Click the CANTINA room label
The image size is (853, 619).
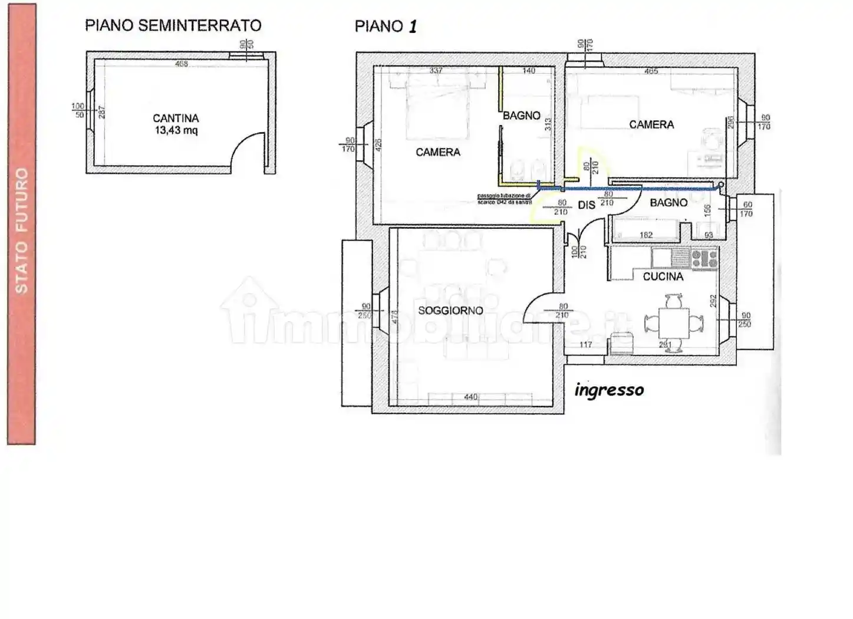[x=176, y=118]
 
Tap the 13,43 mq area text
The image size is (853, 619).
[x=176, y=130]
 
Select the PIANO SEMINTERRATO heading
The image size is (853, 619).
[x=173, y=25]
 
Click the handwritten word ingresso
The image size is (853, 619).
[x=609, y=390]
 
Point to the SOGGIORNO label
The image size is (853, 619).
[x=450, y=310]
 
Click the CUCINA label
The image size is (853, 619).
[x=663, y=276]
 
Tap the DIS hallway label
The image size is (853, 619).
[x=586, y=205]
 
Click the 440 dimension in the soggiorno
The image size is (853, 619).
[x=470, y=397]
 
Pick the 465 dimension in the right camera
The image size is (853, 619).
[x=651, y=71]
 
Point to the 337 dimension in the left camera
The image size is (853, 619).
[x=436, y=71]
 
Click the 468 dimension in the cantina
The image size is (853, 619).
[x=181, y=64]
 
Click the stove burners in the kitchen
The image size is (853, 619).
[x=704, y=258]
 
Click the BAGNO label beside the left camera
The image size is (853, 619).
[x=521, y=116]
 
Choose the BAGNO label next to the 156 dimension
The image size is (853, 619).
[x=668, y=202]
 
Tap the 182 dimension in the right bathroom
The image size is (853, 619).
[x=645, y=235]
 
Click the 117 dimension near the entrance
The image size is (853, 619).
[x=585, y=344]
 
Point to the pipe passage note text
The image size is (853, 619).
[x=504, y=199]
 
